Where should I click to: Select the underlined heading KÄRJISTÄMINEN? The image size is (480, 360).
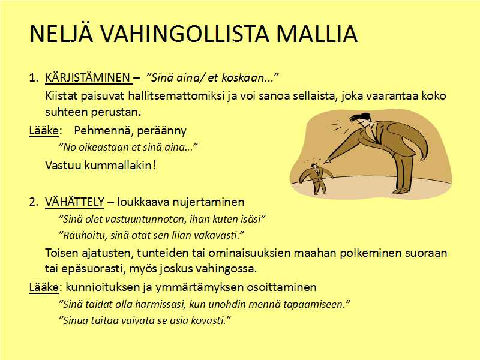[x=88, y=78]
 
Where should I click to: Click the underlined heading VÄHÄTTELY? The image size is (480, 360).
[x=74, y=202]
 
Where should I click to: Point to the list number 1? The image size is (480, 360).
[x=33, y=78]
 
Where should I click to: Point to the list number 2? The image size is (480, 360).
[x=33, y=202]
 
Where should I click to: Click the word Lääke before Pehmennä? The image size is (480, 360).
[x=43, y=131]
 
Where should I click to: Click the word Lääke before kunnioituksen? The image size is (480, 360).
[x=43, y=287]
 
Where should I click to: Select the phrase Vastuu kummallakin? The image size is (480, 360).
[x=100, y=166]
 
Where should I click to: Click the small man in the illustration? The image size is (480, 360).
[x=316, y=178]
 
